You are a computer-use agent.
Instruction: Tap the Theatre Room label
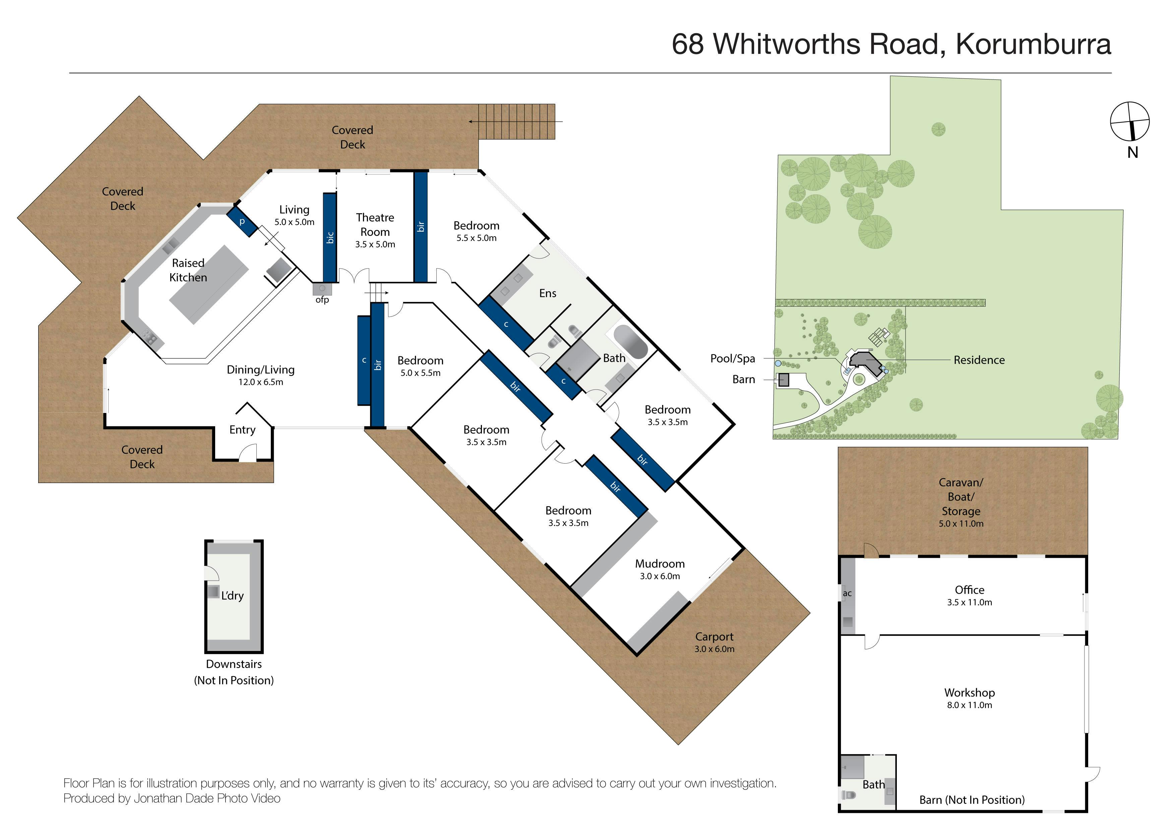click(x=375, y=224)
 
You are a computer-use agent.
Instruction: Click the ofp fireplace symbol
click(x=322, y=289)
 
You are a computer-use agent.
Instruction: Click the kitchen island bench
click(x=209, y=284)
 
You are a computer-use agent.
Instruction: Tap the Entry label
click(x=242, y=430)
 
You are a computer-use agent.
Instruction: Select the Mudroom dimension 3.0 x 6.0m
click(x=660, y=576)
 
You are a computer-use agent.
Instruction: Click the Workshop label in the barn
click(x=970, y=693)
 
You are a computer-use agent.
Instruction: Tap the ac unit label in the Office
click(x=847, y=593)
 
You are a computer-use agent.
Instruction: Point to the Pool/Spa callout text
click(x=732, y=359)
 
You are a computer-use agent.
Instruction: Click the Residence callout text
click(x=979, y=360)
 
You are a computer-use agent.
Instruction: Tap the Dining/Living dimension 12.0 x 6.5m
click(x=261, y=382)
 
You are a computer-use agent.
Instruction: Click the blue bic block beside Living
click(x=330, y=237)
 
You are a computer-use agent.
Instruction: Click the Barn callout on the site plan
click(x=744, y=379)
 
